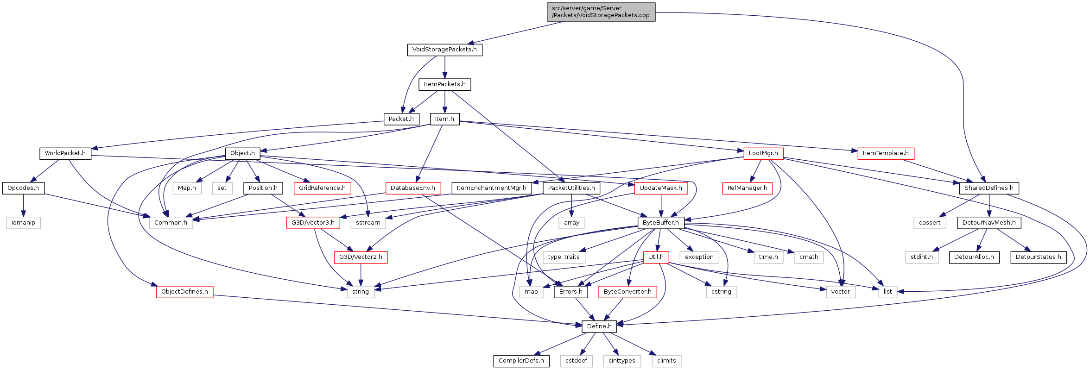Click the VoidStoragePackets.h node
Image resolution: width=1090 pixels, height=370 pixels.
(x=444, y=50)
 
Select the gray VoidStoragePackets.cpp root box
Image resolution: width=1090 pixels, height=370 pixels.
(x=601, y=12)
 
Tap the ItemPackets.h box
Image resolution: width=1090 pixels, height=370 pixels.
(x=444, y=84)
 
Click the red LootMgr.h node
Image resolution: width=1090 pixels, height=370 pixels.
(x=763, y=153)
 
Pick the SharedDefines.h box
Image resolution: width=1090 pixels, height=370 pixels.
(x=989, y=188)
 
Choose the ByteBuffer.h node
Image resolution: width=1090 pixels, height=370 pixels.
(x=660, y=223)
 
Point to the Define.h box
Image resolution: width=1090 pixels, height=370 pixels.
(x=599, y=326)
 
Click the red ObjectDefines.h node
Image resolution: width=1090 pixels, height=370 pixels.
(x=184, y=292)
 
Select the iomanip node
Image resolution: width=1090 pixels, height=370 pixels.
(x=23, y=223)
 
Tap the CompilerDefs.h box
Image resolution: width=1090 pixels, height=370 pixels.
(x=521, y=361)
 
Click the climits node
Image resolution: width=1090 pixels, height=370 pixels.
(x=666, y=361)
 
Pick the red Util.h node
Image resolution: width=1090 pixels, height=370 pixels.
(x=656, y=257)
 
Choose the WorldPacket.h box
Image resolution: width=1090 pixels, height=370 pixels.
(x=65, y=153)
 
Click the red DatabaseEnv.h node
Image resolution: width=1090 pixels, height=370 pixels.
(x=412, y=188)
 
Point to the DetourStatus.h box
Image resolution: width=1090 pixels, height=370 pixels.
(x=1038, y=257)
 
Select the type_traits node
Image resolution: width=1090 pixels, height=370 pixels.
(x=564, y=257)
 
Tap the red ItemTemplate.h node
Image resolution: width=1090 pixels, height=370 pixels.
(x=886, y=153)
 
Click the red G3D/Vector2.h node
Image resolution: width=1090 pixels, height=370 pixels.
(x=361, y=257)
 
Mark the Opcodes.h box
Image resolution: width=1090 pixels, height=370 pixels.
(x=23, y=188)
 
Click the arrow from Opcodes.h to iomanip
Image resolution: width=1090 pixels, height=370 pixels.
(x=23, y=206)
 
